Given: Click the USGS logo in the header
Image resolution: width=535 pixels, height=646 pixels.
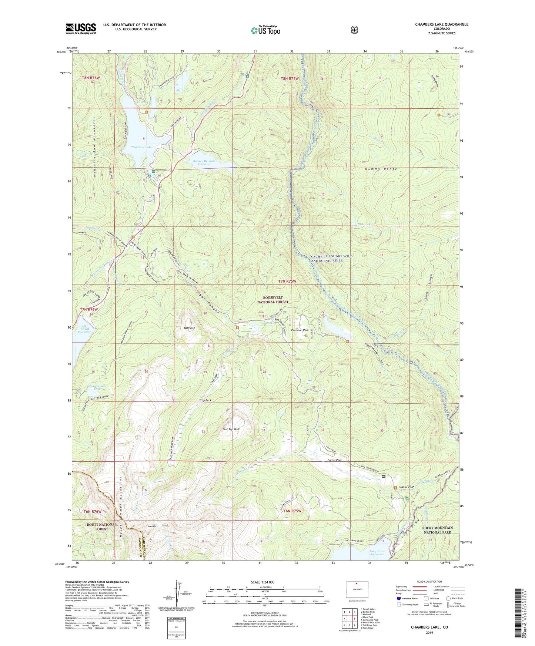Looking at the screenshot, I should point(81,28).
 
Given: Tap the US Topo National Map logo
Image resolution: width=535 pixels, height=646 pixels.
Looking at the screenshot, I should point(265,30).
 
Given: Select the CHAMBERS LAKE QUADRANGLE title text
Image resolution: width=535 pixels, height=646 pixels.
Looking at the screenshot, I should point(441,24).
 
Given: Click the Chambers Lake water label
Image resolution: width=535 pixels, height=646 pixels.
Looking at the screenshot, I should point(141,147).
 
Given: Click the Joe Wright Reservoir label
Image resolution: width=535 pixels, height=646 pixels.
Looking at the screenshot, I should point(84,329).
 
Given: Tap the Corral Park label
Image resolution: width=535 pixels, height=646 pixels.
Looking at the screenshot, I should point(334,460).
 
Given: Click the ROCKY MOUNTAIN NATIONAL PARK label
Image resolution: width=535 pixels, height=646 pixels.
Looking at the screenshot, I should point(437,530).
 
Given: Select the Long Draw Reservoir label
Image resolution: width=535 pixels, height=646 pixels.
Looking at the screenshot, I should point(377,553).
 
